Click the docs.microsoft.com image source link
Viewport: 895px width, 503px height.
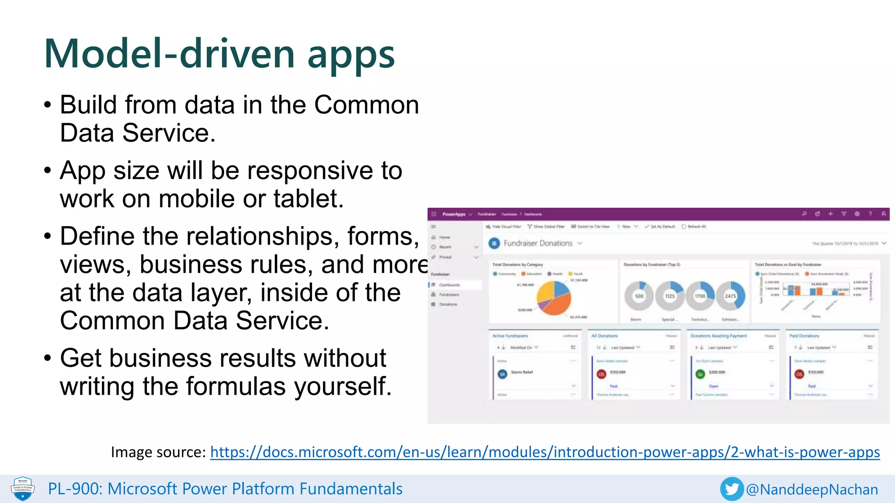(545, 452)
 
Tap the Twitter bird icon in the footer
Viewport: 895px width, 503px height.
(732, 489)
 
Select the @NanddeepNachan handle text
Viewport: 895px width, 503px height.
(812, 489)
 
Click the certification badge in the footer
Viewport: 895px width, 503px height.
(23, 489)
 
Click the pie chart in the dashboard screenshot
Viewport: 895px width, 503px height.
(554, 298)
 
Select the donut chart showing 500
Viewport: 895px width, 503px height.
(639, 296)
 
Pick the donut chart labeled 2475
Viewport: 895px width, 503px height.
(730, 296)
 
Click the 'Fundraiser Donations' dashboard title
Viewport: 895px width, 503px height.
(538, 243)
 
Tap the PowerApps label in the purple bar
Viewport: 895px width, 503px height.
(454, 214)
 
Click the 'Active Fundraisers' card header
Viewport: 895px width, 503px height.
(510, 336)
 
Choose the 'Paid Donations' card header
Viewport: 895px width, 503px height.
(804, 336)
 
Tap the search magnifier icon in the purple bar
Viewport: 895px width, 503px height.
(804, 214)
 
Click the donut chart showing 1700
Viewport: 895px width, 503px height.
(700, 296)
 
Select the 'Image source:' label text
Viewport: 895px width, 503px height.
(158, 452)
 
